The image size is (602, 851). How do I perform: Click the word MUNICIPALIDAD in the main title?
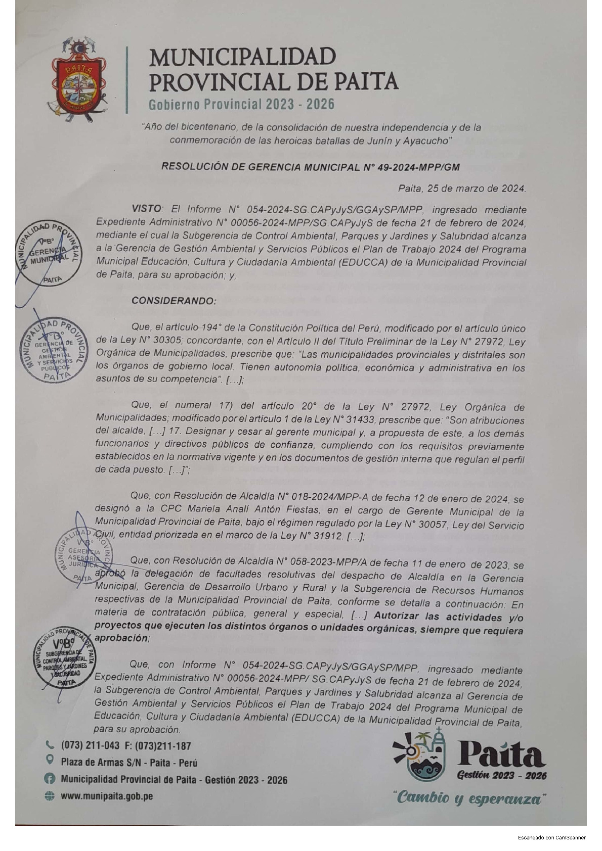coord(242,57)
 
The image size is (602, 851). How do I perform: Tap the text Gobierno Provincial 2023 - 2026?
coord(241,104)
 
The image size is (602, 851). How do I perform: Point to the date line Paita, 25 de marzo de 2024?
coord(462,188)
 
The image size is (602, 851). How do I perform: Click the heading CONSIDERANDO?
coord(174,301)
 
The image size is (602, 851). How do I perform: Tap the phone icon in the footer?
coord(50,744)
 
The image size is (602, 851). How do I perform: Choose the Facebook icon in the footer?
coord(50,779)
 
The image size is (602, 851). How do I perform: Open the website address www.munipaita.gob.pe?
coord(107,796)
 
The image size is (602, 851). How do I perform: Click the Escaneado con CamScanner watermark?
coord(551,837)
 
